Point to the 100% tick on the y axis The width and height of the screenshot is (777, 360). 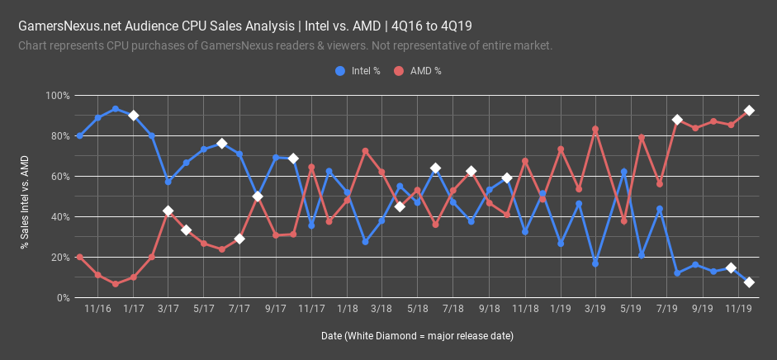[57, 96]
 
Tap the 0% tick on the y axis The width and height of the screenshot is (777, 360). [62, 298]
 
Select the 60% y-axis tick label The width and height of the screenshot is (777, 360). [59, 177]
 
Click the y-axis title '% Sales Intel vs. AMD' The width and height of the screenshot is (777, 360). [24, 197]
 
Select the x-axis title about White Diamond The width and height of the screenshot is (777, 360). [417, 336]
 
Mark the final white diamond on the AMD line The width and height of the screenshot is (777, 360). [749, 111]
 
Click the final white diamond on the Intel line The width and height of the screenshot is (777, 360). [749, 282]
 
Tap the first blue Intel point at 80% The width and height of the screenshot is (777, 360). [79, 135]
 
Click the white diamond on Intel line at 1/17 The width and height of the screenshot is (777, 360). [133, 116]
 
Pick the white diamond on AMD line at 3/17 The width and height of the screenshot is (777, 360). [168, 211]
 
